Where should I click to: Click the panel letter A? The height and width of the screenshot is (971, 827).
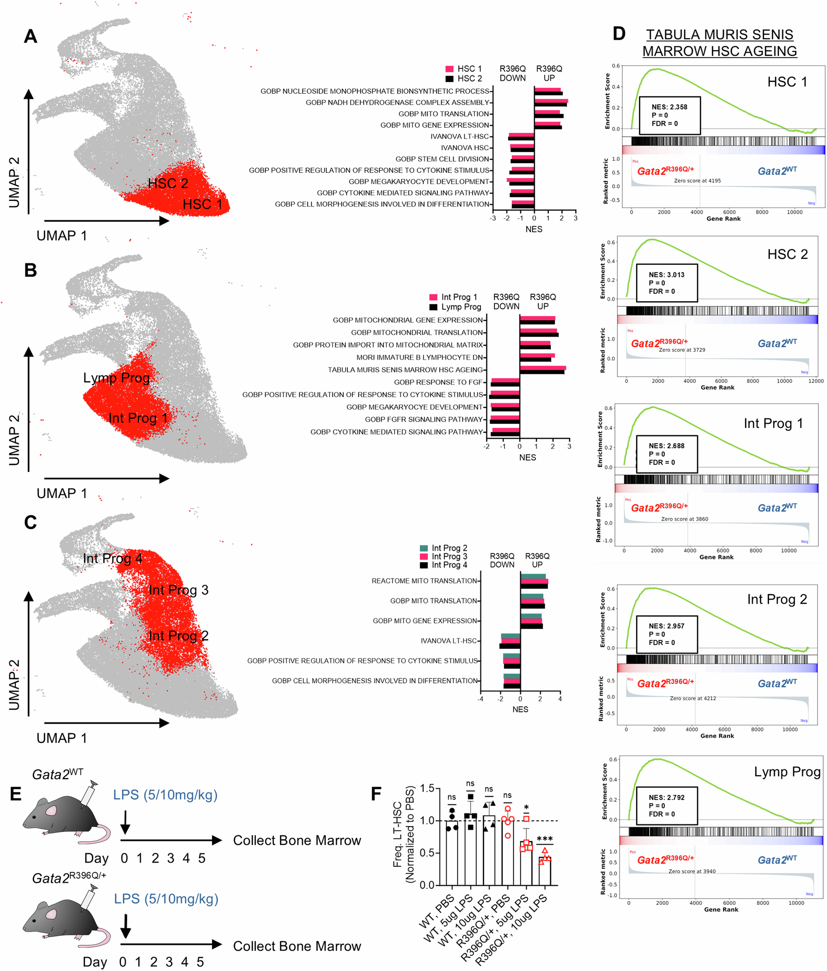click(x=31, y=36)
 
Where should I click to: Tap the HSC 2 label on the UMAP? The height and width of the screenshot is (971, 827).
click(x=168, y=183)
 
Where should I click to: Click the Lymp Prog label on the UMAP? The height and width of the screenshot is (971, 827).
click(x=116, y=378)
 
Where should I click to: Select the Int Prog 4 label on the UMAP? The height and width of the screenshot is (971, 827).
click(x=112, y=558)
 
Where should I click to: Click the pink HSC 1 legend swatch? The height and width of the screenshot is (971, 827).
click(x=449, y=69)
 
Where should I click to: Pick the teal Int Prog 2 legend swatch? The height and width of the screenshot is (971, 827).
click(x=423, y=548)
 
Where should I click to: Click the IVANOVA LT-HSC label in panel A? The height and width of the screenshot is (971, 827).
click(x=459, y=136)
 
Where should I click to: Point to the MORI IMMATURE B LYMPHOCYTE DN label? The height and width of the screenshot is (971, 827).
click(x=419, y=357)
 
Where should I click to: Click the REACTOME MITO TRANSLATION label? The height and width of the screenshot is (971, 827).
click(x=423, y=581)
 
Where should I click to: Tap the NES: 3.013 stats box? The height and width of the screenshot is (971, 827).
click(x=666, y=282)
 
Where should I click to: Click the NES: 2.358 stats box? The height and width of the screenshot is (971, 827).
click(x=669, y=115)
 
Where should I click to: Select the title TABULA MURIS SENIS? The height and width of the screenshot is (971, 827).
click(x=719, y=35)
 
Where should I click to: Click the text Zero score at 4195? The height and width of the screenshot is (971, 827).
click(x=697, y=180)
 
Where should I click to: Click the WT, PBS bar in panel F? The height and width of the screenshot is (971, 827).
click(x=452, y=853)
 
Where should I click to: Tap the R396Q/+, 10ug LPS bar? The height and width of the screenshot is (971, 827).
click(x=545, y=871)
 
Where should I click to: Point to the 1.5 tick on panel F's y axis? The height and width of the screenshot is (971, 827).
click(x=427, y=788)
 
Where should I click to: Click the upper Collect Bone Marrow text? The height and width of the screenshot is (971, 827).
click(x=296, y=840)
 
